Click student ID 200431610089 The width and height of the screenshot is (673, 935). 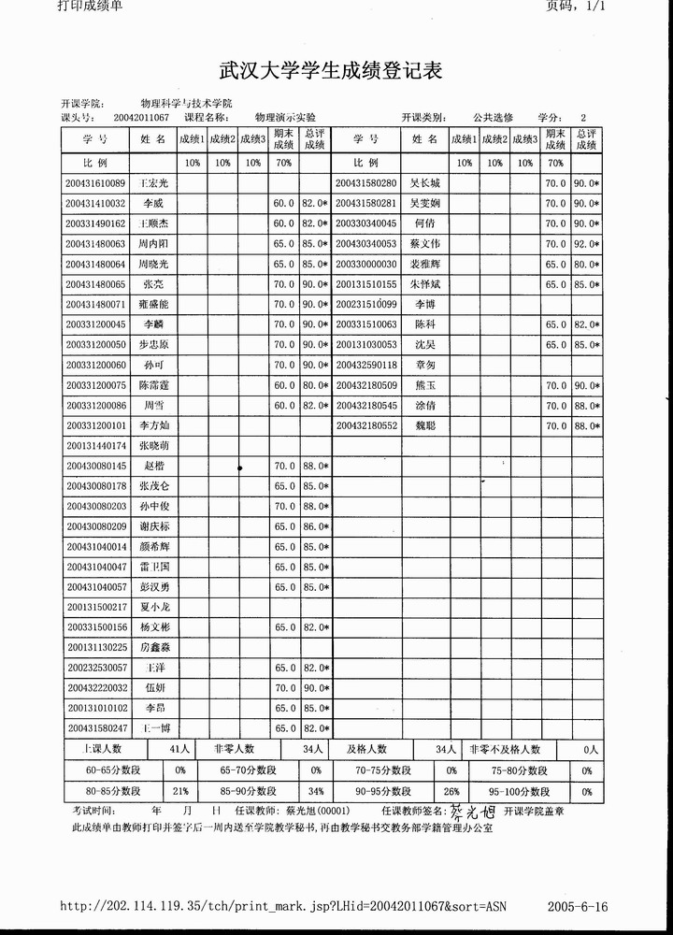(95, 183)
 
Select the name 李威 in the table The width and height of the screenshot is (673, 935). (152, 203)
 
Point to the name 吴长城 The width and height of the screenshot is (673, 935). (425, 183)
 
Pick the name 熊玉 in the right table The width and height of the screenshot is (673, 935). (425, 385)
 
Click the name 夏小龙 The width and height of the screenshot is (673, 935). (153, 607)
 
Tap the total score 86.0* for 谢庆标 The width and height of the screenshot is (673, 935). (315, 526)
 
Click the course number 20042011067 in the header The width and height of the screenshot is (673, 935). (140, 118)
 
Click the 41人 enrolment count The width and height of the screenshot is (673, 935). (179, 749)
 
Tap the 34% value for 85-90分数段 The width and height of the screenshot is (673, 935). (316, 790)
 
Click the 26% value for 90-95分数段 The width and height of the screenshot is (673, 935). (451, 790)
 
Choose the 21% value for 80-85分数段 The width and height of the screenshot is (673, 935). (180, 790)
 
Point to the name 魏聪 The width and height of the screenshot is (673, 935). (425, 425)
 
